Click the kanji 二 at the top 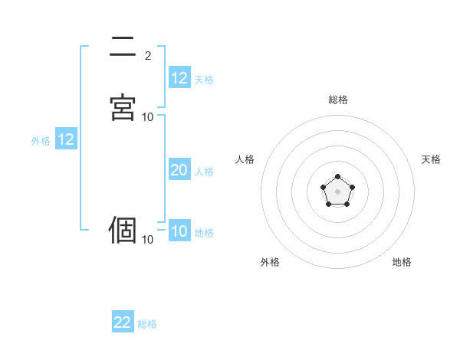point(123,47)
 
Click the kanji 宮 point(123,107)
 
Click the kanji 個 point(123,230)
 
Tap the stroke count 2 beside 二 point(148,56)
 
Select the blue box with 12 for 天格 point(179,78)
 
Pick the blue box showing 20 point(179,171)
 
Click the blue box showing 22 point(123,322)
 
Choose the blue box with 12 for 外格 point(65,139)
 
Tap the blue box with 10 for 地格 point(179,232)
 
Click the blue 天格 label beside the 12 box point(204,80)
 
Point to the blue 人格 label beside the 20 point(205,172)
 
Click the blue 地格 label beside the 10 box point(204,233)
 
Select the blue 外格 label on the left point(41,141)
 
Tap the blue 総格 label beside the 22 point(147,324)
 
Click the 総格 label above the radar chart point(338,100)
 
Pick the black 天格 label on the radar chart point(432,159)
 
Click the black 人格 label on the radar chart point(245,159)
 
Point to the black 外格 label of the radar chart point(270,262)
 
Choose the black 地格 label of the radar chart point(402,262)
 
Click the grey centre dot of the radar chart point(337,191)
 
